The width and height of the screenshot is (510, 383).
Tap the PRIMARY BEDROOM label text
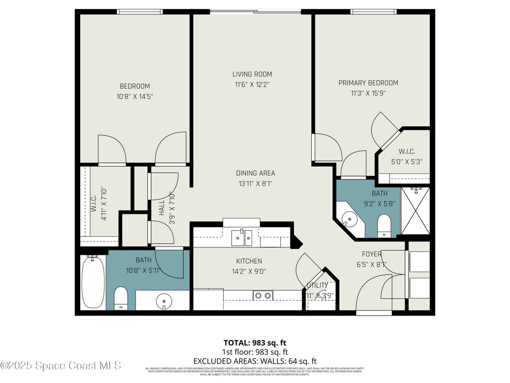coord(368,83)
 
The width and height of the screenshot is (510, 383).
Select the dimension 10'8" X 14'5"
coord(134,97)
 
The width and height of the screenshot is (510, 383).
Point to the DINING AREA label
coord(255,173)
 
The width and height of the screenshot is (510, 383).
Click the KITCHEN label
coord(249,261)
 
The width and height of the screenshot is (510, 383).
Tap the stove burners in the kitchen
coord(263,295)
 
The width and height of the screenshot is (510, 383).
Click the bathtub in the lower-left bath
coord(93,282)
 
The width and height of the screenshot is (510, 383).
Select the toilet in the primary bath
coord(384,226)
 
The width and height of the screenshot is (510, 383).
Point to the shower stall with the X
coord(415,210)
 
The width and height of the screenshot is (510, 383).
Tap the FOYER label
coord(372,254)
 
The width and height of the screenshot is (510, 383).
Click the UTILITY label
coord(317,285)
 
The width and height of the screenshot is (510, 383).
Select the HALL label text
coord(162,207)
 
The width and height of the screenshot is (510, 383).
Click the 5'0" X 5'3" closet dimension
coord(406,162)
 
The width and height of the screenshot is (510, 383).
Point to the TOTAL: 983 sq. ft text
coord(255,343)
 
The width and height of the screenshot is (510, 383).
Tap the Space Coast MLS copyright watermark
coord(61,366)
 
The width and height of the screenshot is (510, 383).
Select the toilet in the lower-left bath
coord(121,298)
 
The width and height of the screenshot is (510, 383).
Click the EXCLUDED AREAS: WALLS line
coord(255,361)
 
